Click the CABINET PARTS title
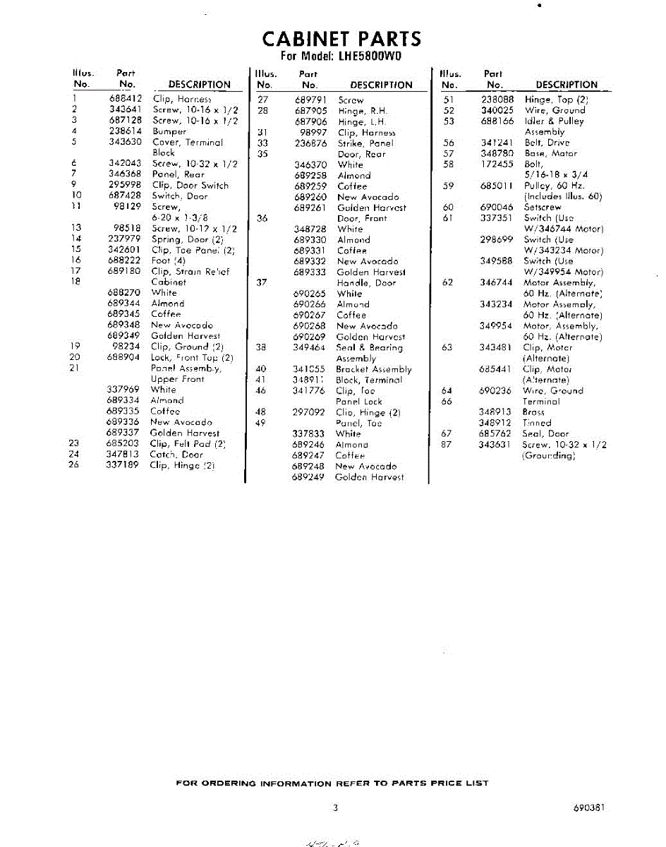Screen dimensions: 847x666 pos(341,38)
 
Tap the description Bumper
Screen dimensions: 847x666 pos(169,131)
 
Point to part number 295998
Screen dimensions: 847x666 pos(126,185)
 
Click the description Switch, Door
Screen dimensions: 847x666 pos(180,196)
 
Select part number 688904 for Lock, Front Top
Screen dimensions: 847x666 pos(126,357)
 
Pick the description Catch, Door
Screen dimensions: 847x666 pos(176,455)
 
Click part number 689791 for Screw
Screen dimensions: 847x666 pos(310,100)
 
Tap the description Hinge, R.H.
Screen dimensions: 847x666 pos(363,111)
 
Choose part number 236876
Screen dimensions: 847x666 pos(310,143)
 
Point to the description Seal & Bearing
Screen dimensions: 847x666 pos(369,347)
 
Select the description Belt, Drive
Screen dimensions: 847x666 pos(546,143)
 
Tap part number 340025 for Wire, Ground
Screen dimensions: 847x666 pos(497,110)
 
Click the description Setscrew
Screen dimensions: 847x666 pos(542,208)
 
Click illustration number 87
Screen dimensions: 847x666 pos(446,445)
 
